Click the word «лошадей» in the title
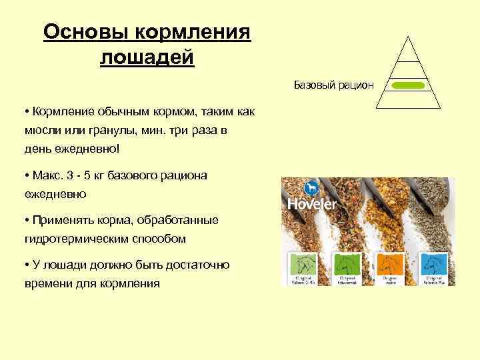click(x=147, y=57)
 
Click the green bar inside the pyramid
click(x=407, y=86)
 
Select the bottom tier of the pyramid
click(x=407, y=99)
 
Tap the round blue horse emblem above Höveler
click(x=310, y=187)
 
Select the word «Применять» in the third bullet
click(x=59, y=220)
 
